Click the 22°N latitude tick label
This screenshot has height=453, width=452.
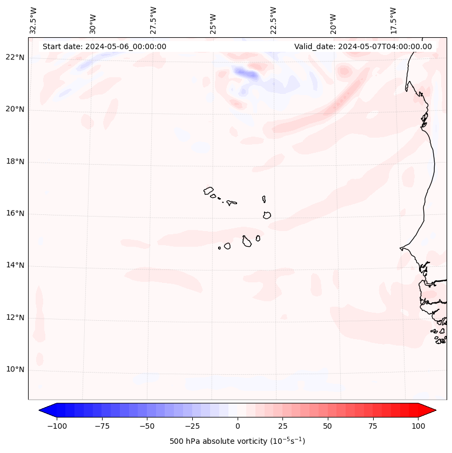point(15,58)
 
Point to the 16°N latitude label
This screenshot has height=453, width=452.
point(15,214)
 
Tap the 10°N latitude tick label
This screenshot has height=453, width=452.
point(15,370)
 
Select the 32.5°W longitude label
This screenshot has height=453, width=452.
point(33,20)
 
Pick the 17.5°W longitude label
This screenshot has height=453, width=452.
point(393,20)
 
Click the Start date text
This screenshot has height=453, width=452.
point(104,46)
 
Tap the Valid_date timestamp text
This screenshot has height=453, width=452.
point(363,46)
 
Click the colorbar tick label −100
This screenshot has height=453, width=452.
point(57,426)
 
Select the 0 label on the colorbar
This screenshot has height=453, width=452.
point(238,426)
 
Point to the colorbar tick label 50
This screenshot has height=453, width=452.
point(328,426)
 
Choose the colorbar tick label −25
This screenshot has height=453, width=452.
point(192,426)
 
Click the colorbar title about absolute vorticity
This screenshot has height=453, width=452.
point(238,441)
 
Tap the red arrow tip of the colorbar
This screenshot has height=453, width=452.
point(430,411)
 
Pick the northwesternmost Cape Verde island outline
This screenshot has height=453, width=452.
point(208,191)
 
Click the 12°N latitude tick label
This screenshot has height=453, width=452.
point(15,317)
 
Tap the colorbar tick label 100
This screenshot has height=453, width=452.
point(418,426)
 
